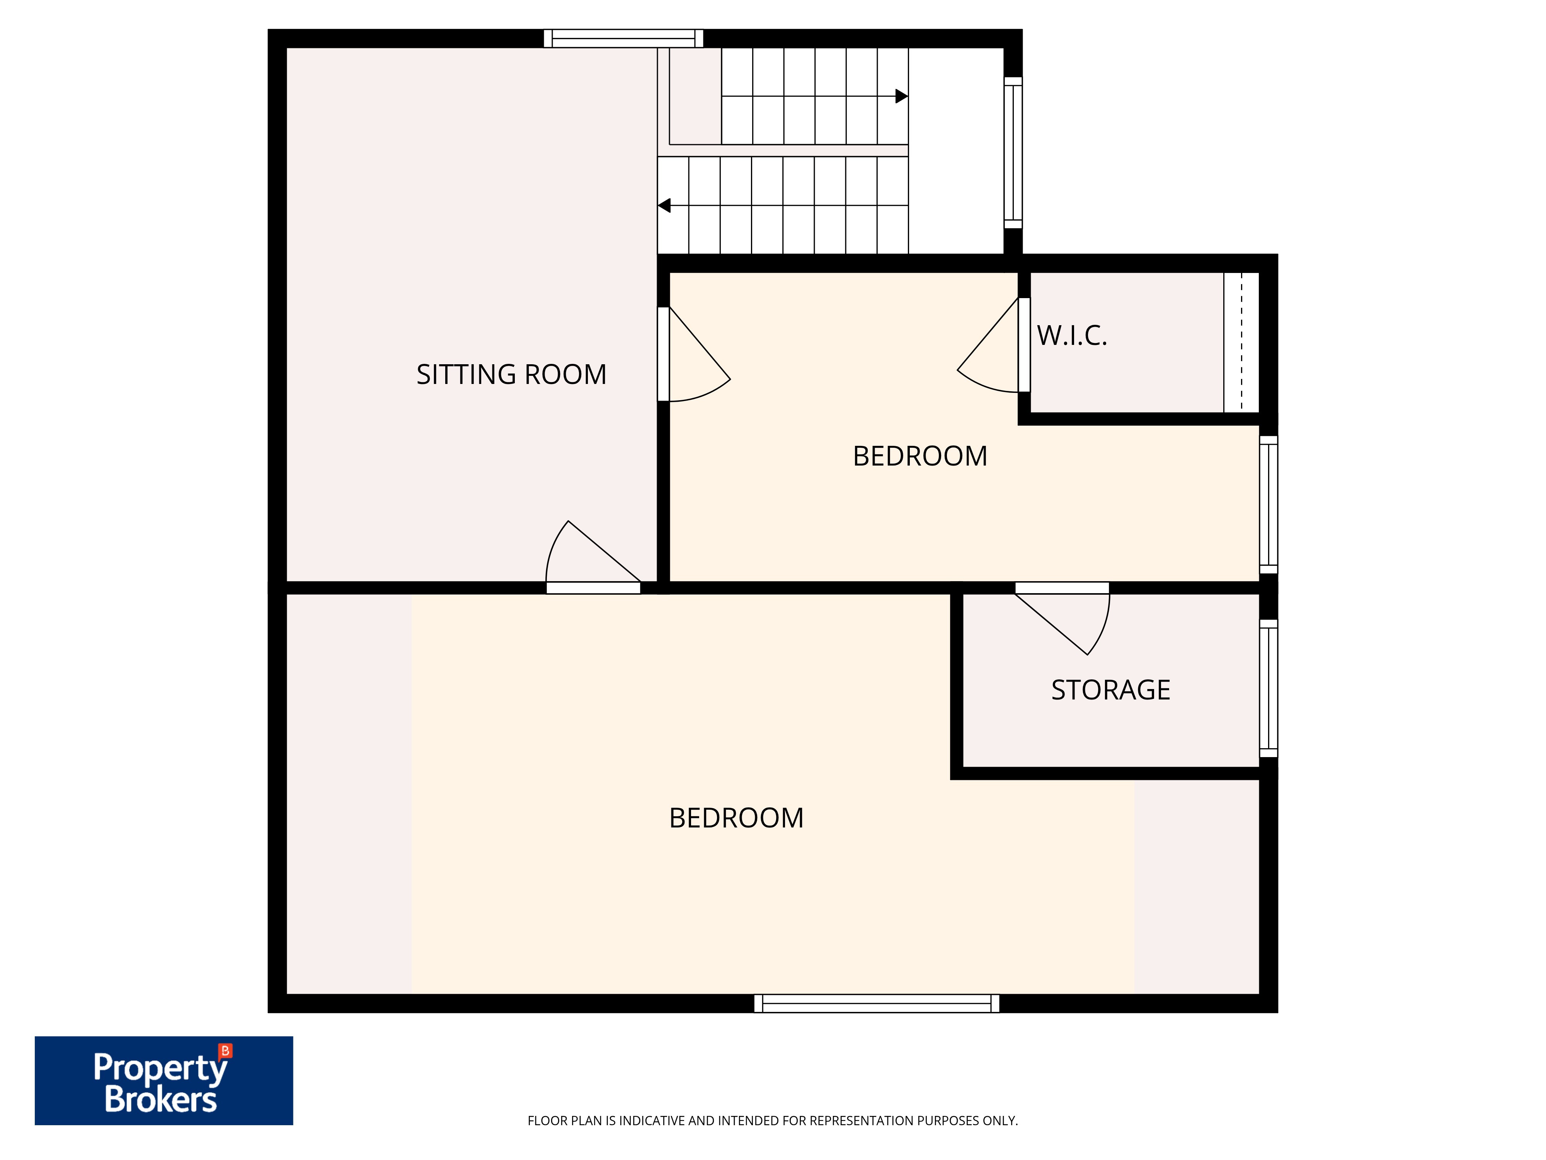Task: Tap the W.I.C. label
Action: pyautogui.click(x=1072, y=336)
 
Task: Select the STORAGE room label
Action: pyautogui.click(x=1110, y=690)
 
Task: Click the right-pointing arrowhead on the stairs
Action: pyautogui.click(x=902, y=96)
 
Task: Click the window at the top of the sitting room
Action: pyautogui.click(x=623, y=38)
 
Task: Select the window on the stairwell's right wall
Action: pyautogui.click(x=1013, y=152)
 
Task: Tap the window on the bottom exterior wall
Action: pyautogui.click(x=877, y=1003)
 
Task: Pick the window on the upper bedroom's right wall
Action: pyautogui.click(x=1268, y=505)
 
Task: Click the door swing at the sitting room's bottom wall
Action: pyautogui.click(x=593, y=556)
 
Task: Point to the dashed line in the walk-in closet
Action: pyautogui.click(x=1242, y=342)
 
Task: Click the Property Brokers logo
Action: pyautogui.click(x=163, y=1080)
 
